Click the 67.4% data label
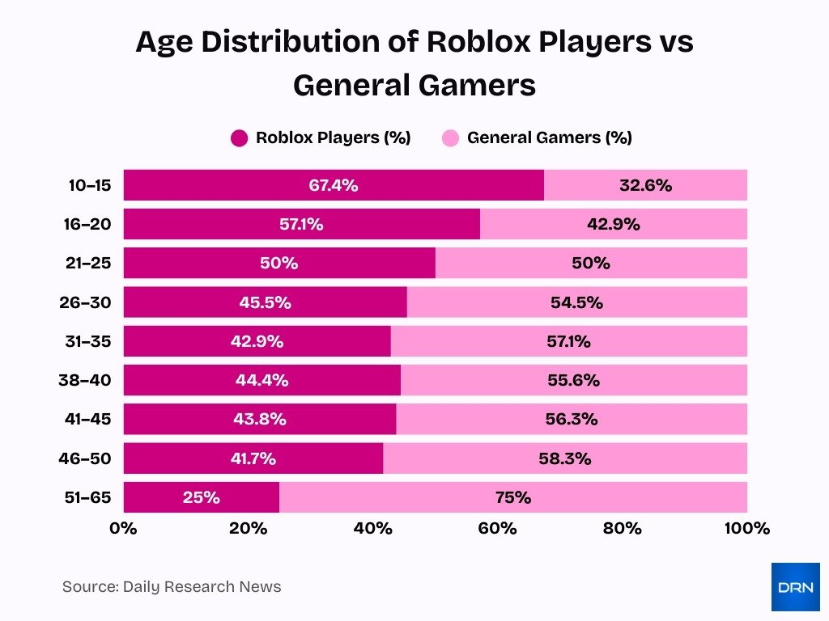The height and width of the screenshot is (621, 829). (333, 185)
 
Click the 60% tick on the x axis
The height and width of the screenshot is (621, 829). (497, 529)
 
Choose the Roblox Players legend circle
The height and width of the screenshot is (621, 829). (239, 138)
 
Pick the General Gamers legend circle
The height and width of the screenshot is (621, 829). (450, 138)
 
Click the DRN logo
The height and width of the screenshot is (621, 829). (795, 587)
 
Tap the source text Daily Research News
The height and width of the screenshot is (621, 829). (172, 587)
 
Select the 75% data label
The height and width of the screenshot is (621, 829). (513, 497)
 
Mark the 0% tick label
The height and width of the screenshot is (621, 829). (123, 529)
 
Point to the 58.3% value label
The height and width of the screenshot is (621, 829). (564, 458)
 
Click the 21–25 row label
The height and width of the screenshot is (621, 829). (89, 264)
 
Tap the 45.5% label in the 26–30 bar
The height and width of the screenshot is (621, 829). (265, 302)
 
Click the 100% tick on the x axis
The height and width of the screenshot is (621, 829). (746, 529)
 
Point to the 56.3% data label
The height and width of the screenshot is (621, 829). (572, 419)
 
